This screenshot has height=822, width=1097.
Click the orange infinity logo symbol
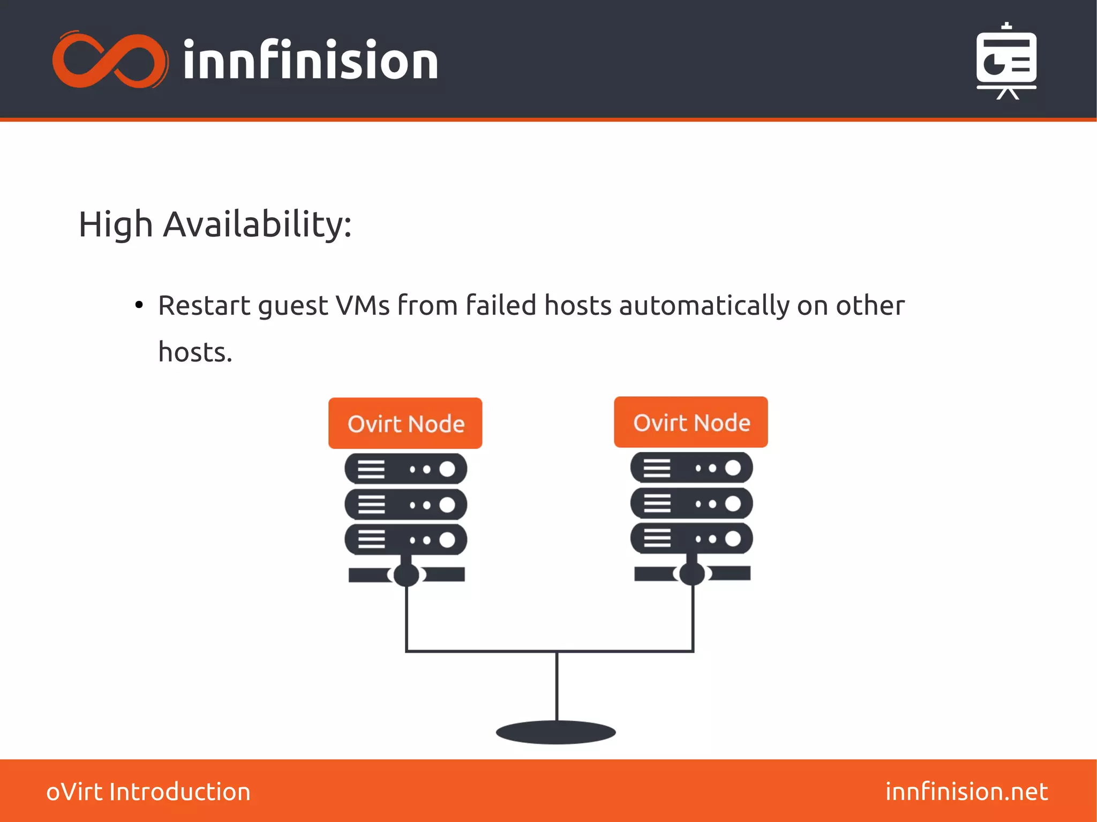point(110,60)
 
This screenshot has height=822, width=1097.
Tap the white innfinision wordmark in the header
point(311,61)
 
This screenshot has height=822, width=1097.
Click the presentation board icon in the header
point(1006,61)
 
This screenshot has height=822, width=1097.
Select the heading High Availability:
point(215,224)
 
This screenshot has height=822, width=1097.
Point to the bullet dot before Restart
point(139,305)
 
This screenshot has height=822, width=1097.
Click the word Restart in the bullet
point(204,306)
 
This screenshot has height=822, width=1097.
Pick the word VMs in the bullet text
point(363,306)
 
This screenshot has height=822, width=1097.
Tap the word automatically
point(704,306)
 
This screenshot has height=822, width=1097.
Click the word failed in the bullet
point(501,305)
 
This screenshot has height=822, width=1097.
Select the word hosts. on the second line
point(196,352)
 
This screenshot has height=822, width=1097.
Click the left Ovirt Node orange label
point(405,424)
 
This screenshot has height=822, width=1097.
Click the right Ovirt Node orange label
point(691,423)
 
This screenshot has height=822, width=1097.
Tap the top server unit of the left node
point(405,469)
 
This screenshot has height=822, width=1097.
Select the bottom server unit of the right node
point(692,538)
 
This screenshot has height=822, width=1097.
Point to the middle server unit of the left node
point(405,504)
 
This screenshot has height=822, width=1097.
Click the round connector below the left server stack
point(407,575)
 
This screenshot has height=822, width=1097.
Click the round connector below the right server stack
point(692,574)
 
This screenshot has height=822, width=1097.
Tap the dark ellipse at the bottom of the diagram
point(556,732)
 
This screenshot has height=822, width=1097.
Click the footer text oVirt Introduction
point(148,792)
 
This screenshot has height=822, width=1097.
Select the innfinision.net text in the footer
point(966,792)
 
